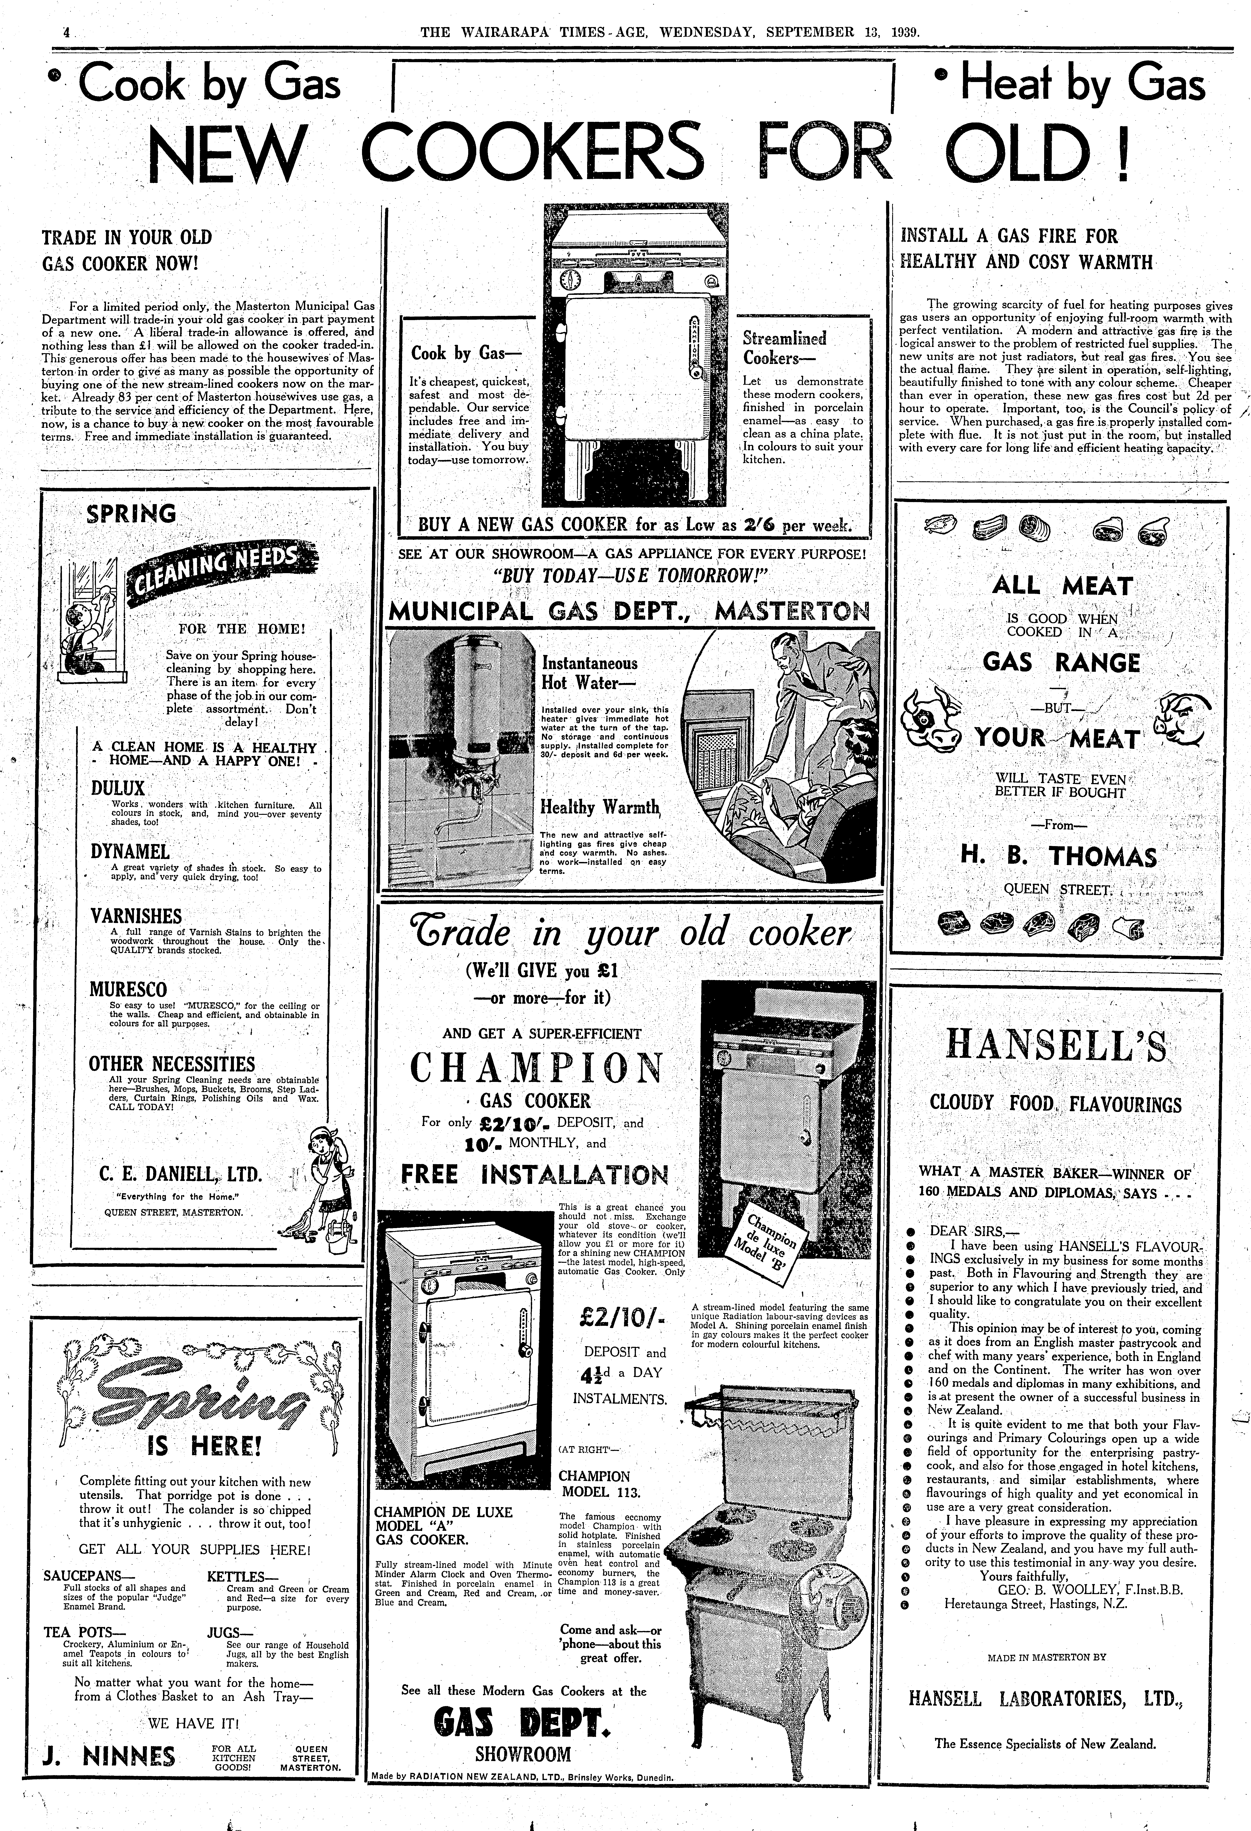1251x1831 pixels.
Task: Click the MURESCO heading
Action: point(128,990)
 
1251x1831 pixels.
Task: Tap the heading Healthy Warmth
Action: point(599,807)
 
